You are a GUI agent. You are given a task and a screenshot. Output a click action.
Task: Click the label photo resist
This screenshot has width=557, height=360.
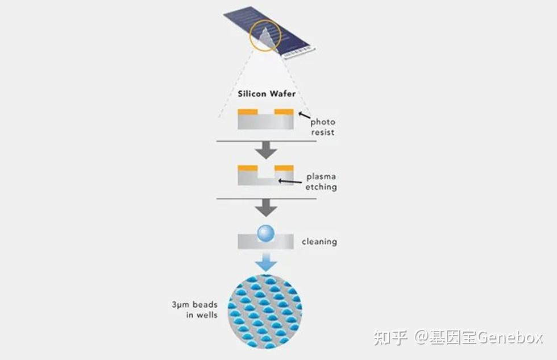[322, 127]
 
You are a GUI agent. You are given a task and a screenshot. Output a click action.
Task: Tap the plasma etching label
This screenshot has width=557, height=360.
[322, 181]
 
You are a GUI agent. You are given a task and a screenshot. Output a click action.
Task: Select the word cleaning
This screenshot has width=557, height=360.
[319, 242]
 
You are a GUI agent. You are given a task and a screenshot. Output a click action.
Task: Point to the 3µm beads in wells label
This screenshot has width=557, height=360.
[194, 309]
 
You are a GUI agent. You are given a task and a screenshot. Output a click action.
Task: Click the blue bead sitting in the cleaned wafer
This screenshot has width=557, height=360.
[265, 231]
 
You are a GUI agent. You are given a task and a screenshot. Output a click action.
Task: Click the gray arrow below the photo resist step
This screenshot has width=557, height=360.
[265, 150]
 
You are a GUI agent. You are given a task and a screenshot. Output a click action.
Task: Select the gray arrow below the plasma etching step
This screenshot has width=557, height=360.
[265, 208]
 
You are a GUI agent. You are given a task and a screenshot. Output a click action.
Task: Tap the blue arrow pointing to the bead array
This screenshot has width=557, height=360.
[265, 262]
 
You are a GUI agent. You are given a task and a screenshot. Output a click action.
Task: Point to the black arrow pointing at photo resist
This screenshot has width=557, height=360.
[302, 117]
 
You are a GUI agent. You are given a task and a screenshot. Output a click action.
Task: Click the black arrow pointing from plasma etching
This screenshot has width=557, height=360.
[290, 181]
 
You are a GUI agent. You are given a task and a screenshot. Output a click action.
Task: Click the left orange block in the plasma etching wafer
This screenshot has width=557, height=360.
[247, 168]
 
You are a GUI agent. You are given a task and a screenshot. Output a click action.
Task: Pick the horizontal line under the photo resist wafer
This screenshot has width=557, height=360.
[265, 140]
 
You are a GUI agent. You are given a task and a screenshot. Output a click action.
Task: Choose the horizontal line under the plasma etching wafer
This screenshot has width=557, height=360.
[265, 198]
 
